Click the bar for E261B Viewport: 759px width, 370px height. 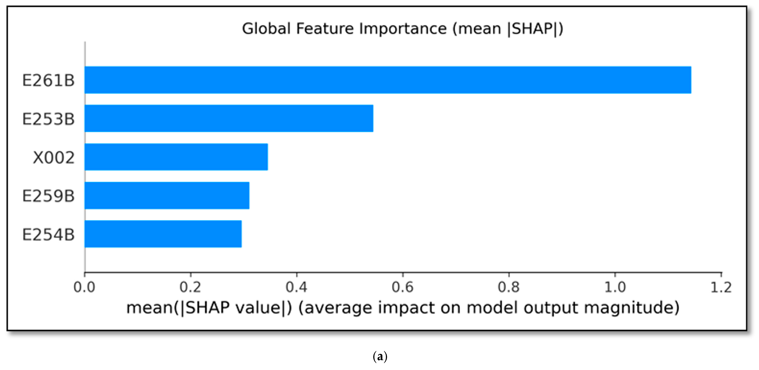point(388,80)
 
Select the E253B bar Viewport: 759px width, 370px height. point(229,118)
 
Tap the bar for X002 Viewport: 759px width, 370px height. point(176,157)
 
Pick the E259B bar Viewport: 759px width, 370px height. point(167,195)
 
